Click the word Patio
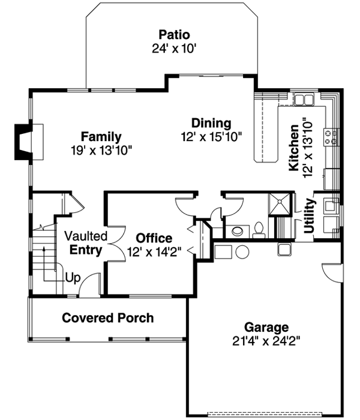coord(174,34)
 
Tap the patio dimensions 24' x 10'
coord(174,47)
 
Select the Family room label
coord(101,136)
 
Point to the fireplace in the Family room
coord(26,142)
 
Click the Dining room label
coord(211,124)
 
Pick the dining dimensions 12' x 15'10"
coord(211,137)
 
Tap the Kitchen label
coord(295,148)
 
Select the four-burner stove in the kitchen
coord(330,137)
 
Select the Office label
coord(154,238)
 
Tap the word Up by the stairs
coord(72,278)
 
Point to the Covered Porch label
coord(108,318)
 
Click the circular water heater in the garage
coord(242,251)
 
